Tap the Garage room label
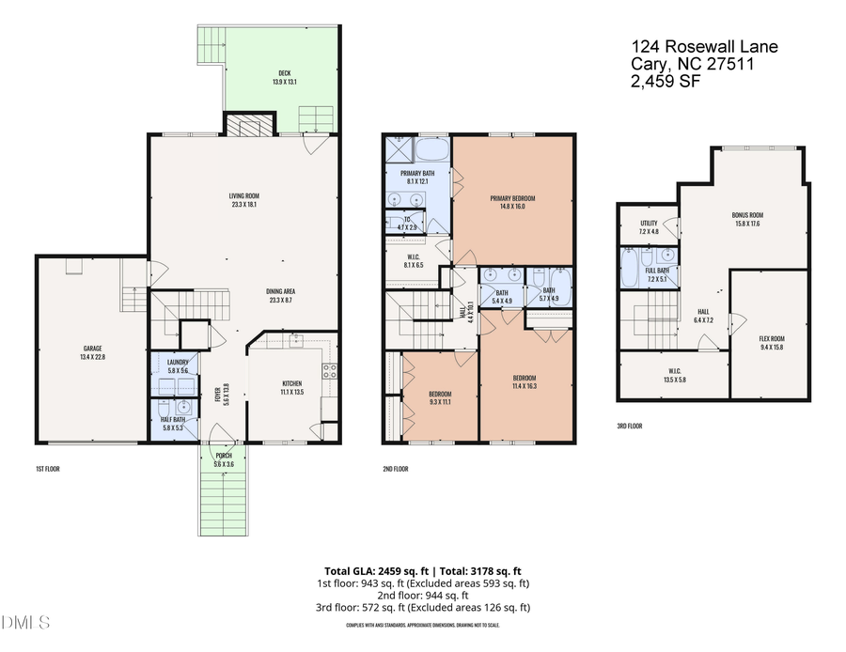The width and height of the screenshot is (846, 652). [91, 352]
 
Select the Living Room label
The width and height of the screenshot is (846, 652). [243, 199]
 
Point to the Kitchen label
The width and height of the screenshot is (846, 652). [292, 387]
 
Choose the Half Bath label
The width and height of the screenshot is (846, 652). [174, 423]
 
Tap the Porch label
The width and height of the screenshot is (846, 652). [223, 458]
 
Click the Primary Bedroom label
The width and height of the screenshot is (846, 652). [512, 201]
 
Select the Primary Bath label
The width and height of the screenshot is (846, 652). [415, 177]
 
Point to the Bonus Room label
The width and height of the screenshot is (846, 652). [747, 219]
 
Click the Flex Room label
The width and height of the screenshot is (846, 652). [772, 342]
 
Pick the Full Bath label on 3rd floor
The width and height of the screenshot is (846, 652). [657, 274]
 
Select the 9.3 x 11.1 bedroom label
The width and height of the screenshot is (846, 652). [438, 397]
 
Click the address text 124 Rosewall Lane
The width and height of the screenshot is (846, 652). [704, 47]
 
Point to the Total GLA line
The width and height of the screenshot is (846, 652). [422, 570]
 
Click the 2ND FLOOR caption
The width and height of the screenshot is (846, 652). [395, 468]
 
